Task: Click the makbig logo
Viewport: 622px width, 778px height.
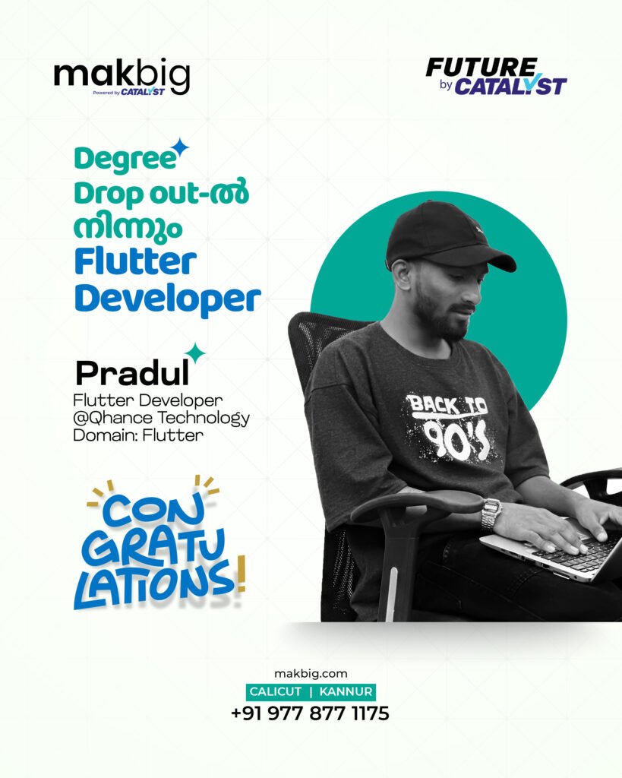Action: (122, 77)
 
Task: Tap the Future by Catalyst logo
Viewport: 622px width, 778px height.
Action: (496, 76)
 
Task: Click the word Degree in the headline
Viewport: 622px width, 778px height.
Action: (125, 160)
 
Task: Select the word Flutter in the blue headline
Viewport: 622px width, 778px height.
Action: (135, 262)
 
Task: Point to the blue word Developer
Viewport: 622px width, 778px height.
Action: (167, 299)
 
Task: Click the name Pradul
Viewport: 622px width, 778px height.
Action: (132, 373)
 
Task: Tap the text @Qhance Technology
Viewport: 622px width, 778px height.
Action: (161, 419)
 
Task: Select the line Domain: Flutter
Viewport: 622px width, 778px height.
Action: (138, 435)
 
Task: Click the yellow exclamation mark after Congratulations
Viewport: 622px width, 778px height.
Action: (241, 574)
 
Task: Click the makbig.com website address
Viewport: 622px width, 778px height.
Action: (311, 673)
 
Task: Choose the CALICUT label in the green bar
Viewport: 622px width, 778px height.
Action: (275, 691)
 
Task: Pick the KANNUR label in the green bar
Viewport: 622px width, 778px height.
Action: (346, 691)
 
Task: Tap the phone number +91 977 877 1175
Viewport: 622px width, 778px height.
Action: (310, 713)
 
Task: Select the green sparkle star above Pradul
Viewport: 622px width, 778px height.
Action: (196, 353)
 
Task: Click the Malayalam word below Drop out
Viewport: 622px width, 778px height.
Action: (128, 229)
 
